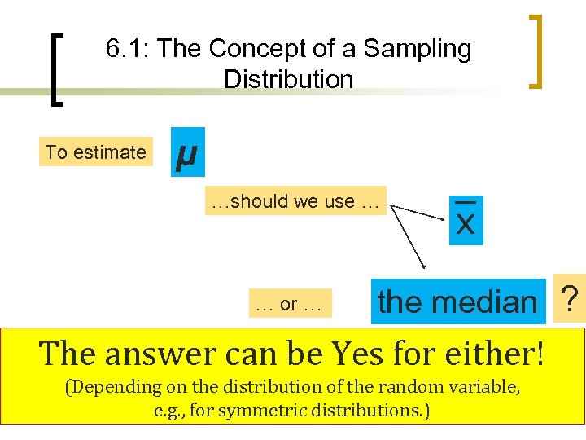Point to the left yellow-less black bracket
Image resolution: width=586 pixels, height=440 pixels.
[x=56, y=69]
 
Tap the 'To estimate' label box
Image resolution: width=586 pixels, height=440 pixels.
[x=96, y=152]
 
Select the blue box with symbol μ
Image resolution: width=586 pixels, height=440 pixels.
[x=188, y=152]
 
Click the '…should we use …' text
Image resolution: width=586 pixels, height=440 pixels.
[x=295, y=201]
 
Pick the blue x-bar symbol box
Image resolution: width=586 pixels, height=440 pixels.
[x=466, y=219]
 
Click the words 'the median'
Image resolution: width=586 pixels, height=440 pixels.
[x=457, y=302]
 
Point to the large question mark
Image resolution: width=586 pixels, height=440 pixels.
[x=571, y=298]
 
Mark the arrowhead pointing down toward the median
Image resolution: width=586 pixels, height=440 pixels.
[x=425, y=266]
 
